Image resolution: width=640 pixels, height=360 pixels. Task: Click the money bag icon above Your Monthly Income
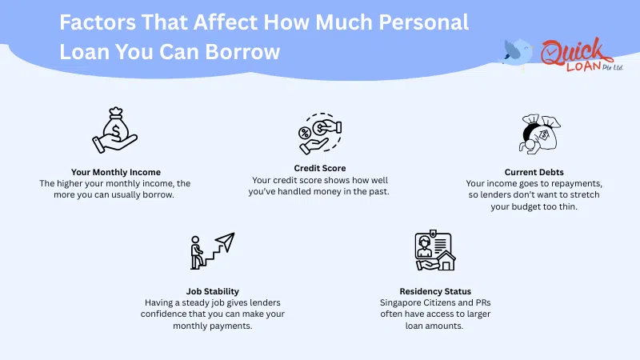coord(115,130)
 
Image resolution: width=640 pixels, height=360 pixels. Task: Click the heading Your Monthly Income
coord(115,171)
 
